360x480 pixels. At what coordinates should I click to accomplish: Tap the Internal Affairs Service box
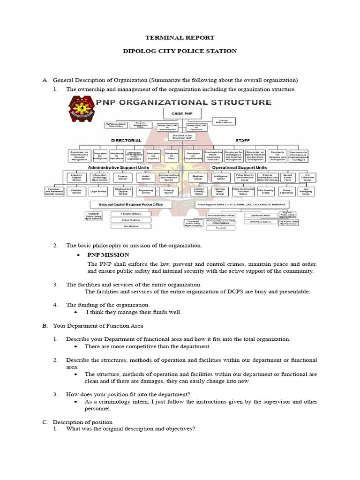223,121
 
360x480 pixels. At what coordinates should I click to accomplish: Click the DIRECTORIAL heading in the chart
126,140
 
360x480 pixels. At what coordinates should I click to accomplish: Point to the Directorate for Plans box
172,156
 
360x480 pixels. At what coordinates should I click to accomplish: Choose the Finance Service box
123,178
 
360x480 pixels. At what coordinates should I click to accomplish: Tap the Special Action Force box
287,178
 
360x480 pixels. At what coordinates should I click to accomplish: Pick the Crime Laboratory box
287,192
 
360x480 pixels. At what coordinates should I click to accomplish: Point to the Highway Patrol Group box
219,192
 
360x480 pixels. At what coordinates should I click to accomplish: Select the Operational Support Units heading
239,167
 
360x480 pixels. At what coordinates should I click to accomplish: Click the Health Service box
145,178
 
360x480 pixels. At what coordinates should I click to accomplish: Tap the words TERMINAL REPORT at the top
180,37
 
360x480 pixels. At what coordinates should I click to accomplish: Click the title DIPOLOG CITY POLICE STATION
180,51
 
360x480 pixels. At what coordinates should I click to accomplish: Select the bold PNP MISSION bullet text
108,255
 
